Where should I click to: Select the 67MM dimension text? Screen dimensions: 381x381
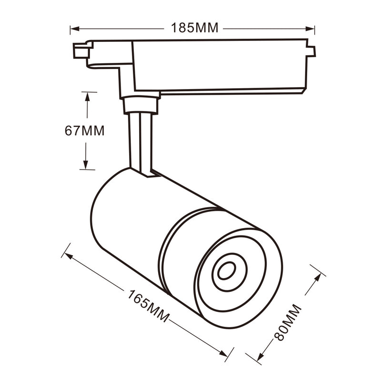pyautogui.click(x=84, y=130)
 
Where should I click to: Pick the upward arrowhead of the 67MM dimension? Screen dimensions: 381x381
pyautogui.click(x=87, y=95)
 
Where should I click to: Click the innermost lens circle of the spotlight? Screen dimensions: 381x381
pyautogui.click(x=226, y=271)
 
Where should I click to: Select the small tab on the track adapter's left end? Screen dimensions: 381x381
pyautogui.click(x=81, y=50)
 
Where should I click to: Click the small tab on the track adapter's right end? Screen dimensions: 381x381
pyautogui.click(x=311, y=51)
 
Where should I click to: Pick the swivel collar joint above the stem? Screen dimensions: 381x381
pyautogui.click(x=140, y=104)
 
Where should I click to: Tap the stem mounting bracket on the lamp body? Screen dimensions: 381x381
pyautogui.click(x=149, y=174)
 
